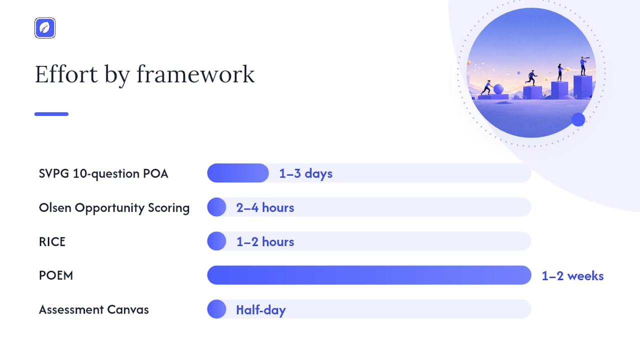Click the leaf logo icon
point(45,28)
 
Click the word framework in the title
point(195,74)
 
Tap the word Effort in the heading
point(66,74)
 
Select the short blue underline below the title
point(51,114)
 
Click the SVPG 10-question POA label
point(103,173)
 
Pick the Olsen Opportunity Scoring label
point(114,207)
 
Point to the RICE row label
point(52,241)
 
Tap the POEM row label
point(56,275)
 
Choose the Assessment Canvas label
point(93,309)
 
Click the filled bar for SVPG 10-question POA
point(238,173)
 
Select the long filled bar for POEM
point(369,275)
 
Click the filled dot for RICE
point(216,241)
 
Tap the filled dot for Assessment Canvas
point(216,309)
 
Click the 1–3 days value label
point(305,173)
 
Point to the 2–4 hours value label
point(265,207)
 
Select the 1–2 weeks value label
point(572,276)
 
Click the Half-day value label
point(261,310)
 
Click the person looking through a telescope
point(583,66)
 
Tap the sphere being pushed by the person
point(498,89)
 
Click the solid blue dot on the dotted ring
point(578,119)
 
